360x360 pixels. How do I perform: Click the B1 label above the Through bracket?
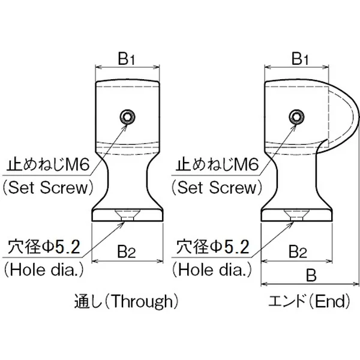click(128, 59)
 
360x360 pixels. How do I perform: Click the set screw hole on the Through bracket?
click(127, 116)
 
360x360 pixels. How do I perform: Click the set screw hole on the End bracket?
click(295, 116)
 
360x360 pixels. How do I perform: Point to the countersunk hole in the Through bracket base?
click(128, 215)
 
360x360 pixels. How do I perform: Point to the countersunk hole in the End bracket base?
click(295, 215)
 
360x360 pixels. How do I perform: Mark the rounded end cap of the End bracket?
click(342, 114)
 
